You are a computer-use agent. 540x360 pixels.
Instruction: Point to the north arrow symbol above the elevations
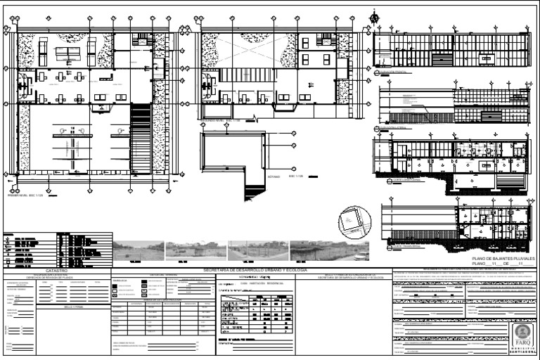click(373, 19)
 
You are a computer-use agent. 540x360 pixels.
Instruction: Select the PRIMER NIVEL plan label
click(25, 193)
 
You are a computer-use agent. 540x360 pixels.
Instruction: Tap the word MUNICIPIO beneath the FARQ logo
click(522, 348)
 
